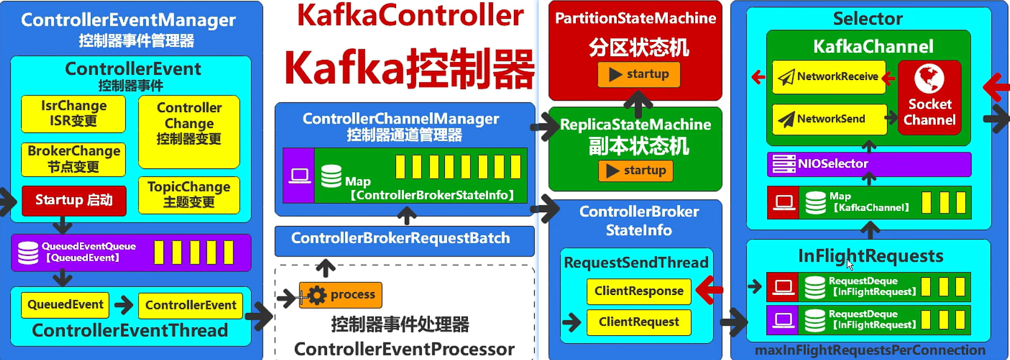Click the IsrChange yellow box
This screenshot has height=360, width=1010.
[74, 113]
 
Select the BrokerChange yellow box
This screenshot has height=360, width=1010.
[74, 159]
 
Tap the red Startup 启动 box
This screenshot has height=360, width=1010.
[74, 200]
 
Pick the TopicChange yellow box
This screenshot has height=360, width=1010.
[189, 194]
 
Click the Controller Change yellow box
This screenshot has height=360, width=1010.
[189, 131]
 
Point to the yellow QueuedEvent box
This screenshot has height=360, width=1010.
[65, 305]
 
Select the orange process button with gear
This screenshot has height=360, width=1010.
[340, 295]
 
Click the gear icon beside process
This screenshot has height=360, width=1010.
[317, 295]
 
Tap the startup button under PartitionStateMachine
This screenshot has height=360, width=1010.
[639, 74]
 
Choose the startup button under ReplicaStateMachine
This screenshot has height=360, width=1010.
[636, 171]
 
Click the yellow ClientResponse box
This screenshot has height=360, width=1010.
[639, 291]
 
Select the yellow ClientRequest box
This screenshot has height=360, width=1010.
[639, 322]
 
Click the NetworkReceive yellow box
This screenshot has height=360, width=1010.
[828, 77]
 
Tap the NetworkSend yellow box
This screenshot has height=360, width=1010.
[828, 119]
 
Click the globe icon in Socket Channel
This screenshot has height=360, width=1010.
[929, 79]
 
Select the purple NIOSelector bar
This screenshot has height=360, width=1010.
[869, 164]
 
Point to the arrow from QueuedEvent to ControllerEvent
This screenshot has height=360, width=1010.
[124, 305]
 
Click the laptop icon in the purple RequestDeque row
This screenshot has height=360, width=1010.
[783, 320]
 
